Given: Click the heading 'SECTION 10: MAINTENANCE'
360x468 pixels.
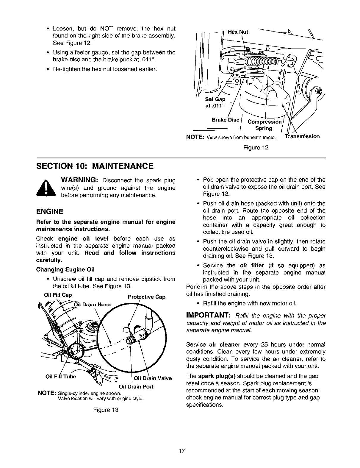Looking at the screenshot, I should point(95,166).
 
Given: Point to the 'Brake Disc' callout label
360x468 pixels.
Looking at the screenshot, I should point(225,120).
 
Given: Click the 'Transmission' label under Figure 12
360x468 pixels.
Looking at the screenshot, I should point(302,136).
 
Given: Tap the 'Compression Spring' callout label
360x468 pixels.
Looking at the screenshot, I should point(264,125).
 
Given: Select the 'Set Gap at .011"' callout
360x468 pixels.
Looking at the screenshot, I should point(215,102).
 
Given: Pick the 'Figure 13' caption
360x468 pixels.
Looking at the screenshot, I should point(106,410).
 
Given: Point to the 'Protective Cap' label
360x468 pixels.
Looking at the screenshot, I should point(146,297).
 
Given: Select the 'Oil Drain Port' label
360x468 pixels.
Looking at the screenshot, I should point(136,387).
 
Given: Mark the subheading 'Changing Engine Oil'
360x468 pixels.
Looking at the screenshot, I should point(65,270).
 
